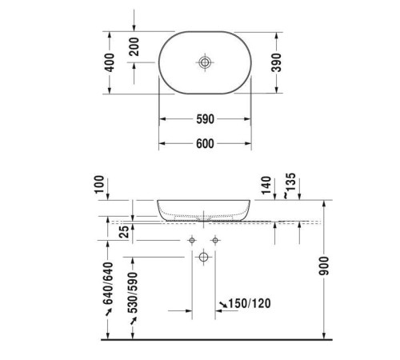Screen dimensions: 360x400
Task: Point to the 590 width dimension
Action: [205, 120]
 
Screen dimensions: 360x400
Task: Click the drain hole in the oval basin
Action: [205, 62]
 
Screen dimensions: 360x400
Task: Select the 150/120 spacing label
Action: [248, 304]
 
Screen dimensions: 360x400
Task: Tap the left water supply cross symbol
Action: [192, 240]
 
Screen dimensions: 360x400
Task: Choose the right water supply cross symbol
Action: [215, 240]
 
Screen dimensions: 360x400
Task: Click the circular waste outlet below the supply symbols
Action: [203, 257]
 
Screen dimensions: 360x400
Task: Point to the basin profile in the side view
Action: [205, 210]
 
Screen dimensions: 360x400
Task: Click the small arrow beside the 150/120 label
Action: [223, 304]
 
